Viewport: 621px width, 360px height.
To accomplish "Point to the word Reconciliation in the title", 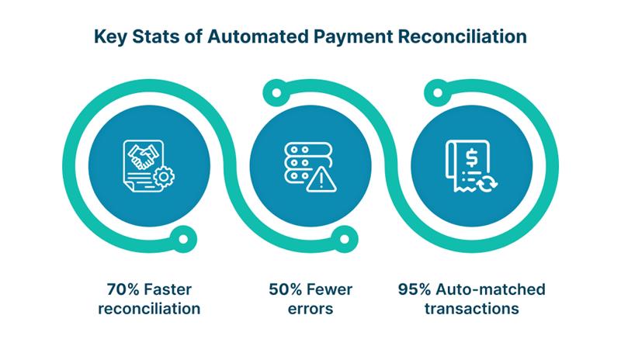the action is tap(463, 36).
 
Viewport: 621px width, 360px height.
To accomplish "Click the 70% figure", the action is tap(123, 289).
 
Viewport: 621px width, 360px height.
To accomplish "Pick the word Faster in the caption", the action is tap(168, 289).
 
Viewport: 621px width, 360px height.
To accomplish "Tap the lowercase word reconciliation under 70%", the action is tap(149, 309).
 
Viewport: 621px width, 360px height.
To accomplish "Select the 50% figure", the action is tap(285, 289).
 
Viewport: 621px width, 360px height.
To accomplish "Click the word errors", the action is tap(310, 309).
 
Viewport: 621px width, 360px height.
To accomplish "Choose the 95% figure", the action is tap(415, 289).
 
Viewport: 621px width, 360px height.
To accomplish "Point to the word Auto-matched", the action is tap(491, 289).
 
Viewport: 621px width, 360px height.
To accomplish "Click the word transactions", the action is tap(472, 309).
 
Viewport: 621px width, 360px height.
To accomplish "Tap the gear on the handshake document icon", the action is tap(164, 177).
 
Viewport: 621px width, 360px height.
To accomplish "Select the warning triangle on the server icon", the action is tap(321, 180).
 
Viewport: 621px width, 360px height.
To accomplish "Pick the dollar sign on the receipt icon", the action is tap(472, 157).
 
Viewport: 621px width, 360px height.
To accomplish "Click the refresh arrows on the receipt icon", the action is tap(487, 183).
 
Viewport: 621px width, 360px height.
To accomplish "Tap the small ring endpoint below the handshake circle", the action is tap(183, 239).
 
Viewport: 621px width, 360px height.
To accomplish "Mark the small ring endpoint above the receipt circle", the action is tap(438, 93).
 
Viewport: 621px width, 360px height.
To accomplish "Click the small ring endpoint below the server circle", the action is tap(345, 239).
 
